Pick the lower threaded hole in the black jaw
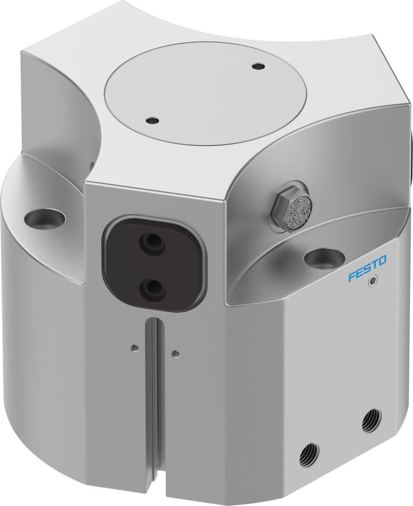coord(152,289)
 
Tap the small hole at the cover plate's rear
coord(258,66)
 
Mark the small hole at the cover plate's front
coord(152,121)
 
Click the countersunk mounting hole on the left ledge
coord(45,219)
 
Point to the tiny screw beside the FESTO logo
coord(373,282)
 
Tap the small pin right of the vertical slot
coord(175,354)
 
